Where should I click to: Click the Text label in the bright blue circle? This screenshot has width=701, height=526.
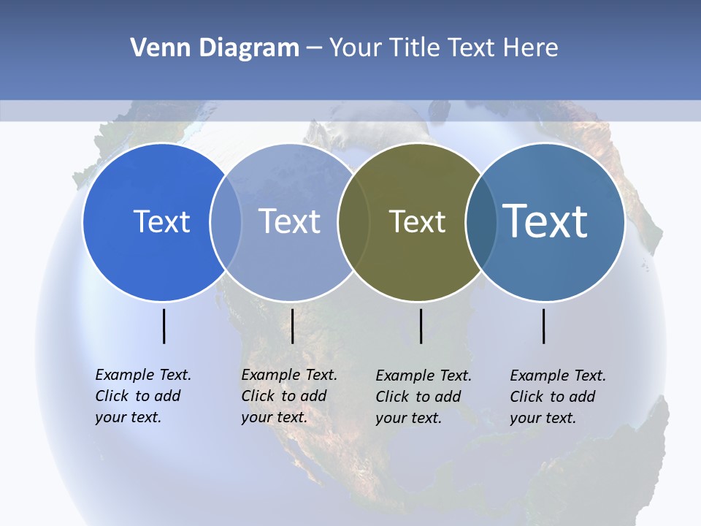coord(161,221)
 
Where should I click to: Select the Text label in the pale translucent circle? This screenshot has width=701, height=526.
coord(290,221)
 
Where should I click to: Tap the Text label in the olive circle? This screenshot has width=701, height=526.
coord(417,221)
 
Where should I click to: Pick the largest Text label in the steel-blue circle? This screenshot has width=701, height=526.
coord(545,221)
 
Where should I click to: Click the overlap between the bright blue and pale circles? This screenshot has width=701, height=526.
coord(226,222)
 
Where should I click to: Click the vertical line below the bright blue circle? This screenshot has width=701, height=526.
coord(164,326)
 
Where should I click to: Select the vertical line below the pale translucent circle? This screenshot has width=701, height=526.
coord(292,326)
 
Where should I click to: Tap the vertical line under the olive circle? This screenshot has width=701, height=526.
coord(421,326)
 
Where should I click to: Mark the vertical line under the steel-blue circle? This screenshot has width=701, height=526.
coord(544,326)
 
